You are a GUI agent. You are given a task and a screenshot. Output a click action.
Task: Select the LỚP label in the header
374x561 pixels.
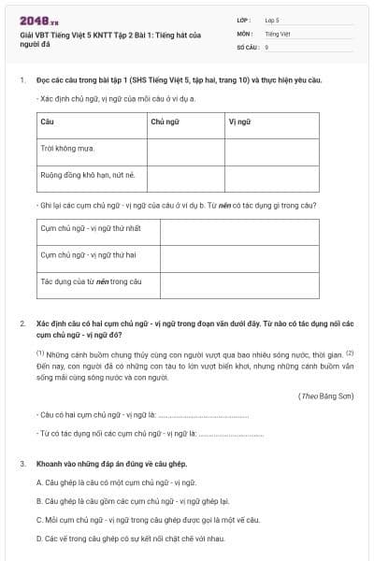click(245, 19)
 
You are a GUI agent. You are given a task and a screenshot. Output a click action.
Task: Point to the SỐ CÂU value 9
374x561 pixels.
click(266, 46)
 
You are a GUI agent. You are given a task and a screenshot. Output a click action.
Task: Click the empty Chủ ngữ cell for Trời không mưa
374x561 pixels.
click(185, 148)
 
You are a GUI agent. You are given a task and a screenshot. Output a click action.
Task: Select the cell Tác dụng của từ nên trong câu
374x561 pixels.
click(90, 280)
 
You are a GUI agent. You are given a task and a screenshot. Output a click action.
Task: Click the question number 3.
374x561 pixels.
click(22, 464)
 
